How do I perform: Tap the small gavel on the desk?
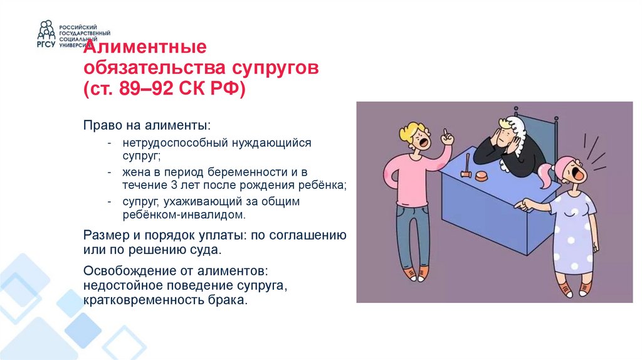pyautogui.click(x=466, y=170)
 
